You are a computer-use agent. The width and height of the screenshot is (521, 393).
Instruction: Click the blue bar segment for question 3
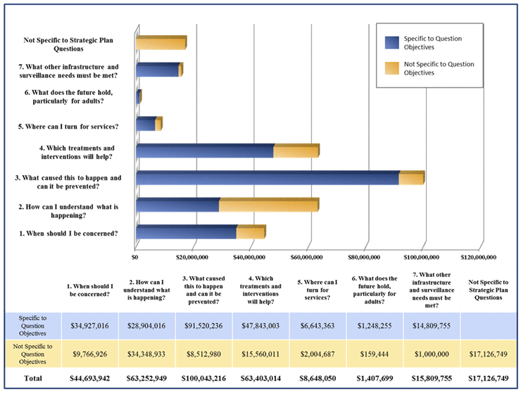[268, 179]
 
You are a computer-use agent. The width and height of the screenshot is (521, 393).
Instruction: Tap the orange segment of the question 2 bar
[269, 205]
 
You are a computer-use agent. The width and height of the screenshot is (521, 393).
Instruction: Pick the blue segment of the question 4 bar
[204, 151]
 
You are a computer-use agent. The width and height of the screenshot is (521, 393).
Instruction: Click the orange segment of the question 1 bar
[251, 233]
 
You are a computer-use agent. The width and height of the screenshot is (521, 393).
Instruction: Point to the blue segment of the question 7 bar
[157, 70]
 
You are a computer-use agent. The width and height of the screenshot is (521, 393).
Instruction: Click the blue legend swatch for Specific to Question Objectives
[391, 43]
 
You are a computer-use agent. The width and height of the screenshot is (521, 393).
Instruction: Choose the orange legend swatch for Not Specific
[391, 68]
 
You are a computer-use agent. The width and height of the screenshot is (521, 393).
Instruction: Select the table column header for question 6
[374, 289]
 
